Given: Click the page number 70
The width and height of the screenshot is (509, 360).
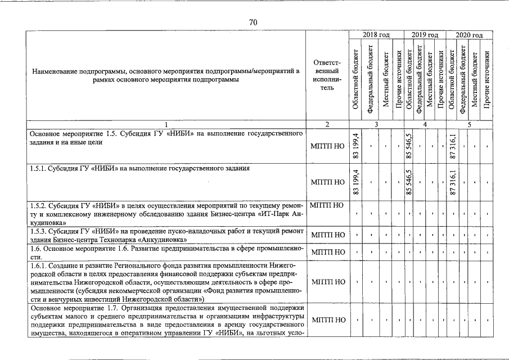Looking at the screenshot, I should [x=253, y=21].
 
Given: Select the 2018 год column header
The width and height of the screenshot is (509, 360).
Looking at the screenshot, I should [x=376, y=35].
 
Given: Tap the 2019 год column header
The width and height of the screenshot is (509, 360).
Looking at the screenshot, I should [x=425, y=35].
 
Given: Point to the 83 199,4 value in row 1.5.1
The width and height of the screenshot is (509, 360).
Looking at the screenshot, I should [x=355, y=182].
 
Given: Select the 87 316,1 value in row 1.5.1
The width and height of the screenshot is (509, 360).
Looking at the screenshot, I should [x=453, y=182].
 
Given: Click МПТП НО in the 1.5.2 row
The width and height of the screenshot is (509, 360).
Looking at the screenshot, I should [x=327, y=205].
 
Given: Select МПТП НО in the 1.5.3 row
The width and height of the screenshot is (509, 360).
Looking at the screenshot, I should [x=327, y=235].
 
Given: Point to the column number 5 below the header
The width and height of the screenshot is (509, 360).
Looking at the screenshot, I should [x=469, y=124].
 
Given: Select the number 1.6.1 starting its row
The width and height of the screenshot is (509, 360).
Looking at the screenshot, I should [x=38, y=264].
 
